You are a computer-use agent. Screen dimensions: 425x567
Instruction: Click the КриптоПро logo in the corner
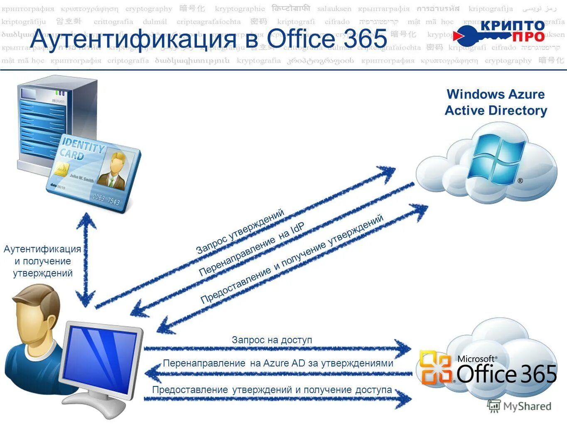[501, 32]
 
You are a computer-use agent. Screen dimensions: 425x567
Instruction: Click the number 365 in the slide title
[363, 39]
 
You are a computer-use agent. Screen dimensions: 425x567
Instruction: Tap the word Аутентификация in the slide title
[133, 39]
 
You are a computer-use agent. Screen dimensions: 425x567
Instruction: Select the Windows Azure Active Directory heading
[496, 102]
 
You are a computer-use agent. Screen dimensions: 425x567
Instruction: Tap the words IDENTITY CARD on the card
[81, 150]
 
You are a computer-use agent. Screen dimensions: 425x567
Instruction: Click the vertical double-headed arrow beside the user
[86, 259]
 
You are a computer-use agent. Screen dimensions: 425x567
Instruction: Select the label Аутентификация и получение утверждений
[42, 261]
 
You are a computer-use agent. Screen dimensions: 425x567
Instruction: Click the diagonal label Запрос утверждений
[241, 231]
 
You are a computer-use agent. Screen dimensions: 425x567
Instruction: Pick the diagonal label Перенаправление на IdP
[252, 249]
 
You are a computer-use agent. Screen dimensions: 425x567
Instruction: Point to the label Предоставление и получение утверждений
[292, 259]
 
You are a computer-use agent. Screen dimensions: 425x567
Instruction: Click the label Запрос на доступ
[272, 340]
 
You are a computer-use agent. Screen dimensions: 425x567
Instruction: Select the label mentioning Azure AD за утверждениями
[278, 363]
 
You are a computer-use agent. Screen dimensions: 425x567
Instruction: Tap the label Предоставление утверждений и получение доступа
[272, 390]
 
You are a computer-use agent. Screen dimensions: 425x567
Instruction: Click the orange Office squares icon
[435, 368]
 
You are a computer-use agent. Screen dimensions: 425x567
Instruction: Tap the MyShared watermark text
[527, 406]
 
